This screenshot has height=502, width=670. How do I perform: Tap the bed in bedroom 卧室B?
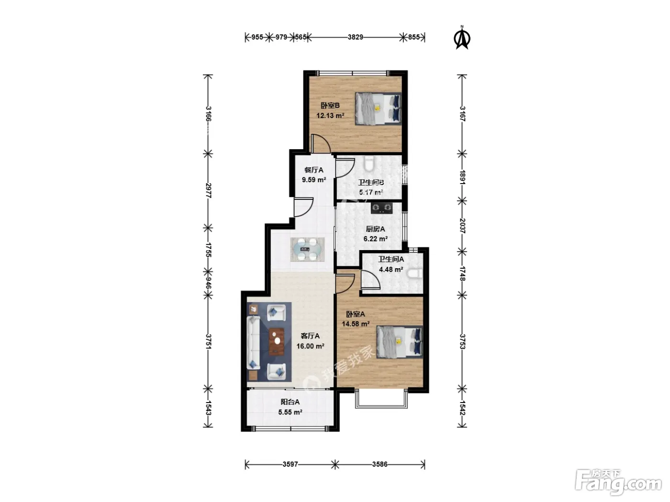click(x=378, y=109)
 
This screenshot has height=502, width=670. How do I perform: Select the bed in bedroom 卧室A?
click(x=400, y=342)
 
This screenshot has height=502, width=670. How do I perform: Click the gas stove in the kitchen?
click(x=381, y=208)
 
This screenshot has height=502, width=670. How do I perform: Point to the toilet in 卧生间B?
click(x=369, y=164)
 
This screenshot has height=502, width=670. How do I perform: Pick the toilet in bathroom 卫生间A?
click(x=415, y=273)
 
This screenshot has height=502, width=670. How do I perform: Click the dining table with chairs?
click(x=307, y=249)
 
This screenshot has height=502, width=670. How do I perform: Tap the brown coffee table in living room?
click(x=277, y=342)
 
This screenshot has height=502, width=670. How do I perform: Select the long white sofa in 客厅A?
click(x=253, y=343)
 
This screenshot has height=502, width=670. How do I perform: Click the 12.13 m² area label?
click(x=330, y=116)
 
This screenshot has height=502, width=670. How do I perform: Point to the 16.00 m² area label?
click(x=310, y=346)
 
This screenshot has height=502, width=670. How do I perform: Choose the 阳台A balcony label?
click(x=290, y=402)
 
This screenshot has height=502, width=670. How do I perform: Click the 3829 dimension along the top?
click(x=355, y=37)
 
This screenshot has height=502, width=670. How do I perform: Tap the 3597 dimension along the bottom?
click(x=290, y=464)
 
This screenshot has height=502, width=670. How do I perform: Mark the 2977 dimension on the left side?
click(x=209, y=190)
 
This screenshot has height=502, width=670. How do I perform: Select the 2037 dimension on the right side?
click(x=462, y=226)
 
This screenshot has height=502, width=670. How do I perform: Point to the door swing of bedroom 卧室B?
click(x=321, y=143)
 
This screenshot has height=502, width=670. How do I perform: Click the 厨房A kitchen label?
click(x=375, y=229)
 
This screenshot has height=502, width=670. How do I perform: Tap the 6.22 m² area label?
click(x=376, y=239)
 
